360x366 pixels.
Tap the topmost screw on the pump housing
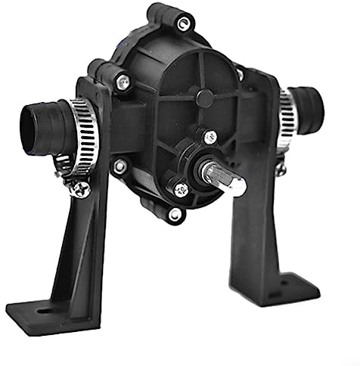(182, 23)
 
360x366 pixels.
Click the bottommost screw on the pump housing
(175, 215)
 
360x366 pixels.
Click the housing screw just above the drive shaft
(210, 137)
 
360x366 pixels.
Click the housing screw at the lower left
(119, 165)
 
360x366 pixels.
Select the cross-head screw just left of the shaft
(180, 190)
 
